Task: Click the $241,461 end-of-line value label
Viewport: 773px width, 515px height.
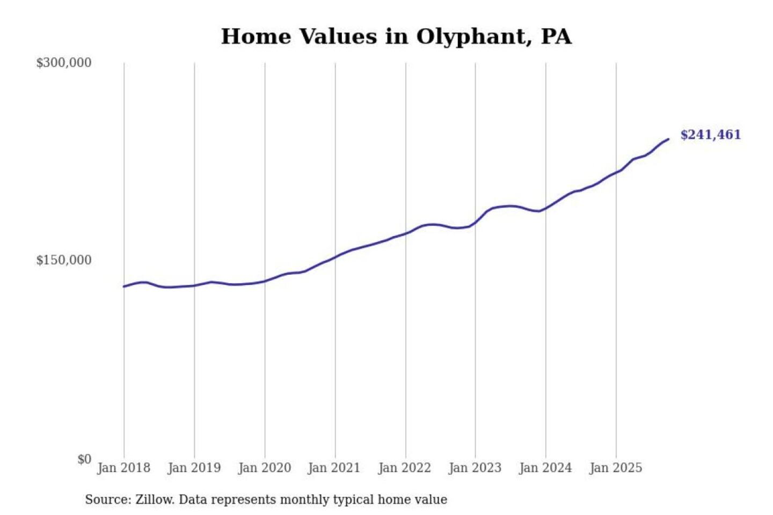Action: [x=710, y=135]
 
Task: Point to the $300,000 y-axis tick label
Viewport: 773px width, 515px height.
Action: [x=64, y=63]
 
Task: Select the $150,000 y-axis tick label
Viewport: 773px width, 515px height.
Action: [x=64, y=260]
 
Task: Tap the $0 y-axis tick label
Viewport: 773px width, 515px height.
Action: [x=84, y=459]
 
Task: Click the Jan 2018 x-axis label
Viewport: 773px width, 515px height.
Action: [x=123, y=468]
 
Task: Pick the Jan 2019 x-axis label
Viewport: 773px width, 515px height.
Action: [x=194, y=468]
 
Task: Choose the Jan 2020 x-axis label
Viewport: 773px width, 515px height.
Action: [x=264, y=468]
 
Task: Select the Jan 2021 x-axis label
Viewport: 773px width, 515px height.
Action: [x=334, y=468]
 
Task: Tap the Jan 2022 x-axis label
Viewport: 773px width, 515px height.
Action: [x=404, y=468]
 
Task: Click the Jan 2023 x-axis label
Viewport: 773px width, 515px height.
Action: [x=475, y=468]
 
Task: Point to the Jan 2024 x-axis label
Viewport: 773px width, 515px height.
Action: [x=545, y=468]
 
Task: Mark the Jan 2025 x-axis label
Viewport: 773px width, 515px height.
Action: [x=615, y=468]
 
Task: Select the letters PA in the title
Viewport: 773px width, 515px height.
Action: [x=556, y=37]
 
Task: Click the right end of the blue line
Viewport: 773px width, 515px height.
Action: [x=668, y=139]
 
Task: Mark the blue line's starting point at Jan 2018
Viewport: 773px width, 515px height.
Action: [x=124, y=286]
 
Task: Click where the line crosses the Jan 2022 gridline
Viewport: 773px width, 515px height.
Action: [x=406, y=233]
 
